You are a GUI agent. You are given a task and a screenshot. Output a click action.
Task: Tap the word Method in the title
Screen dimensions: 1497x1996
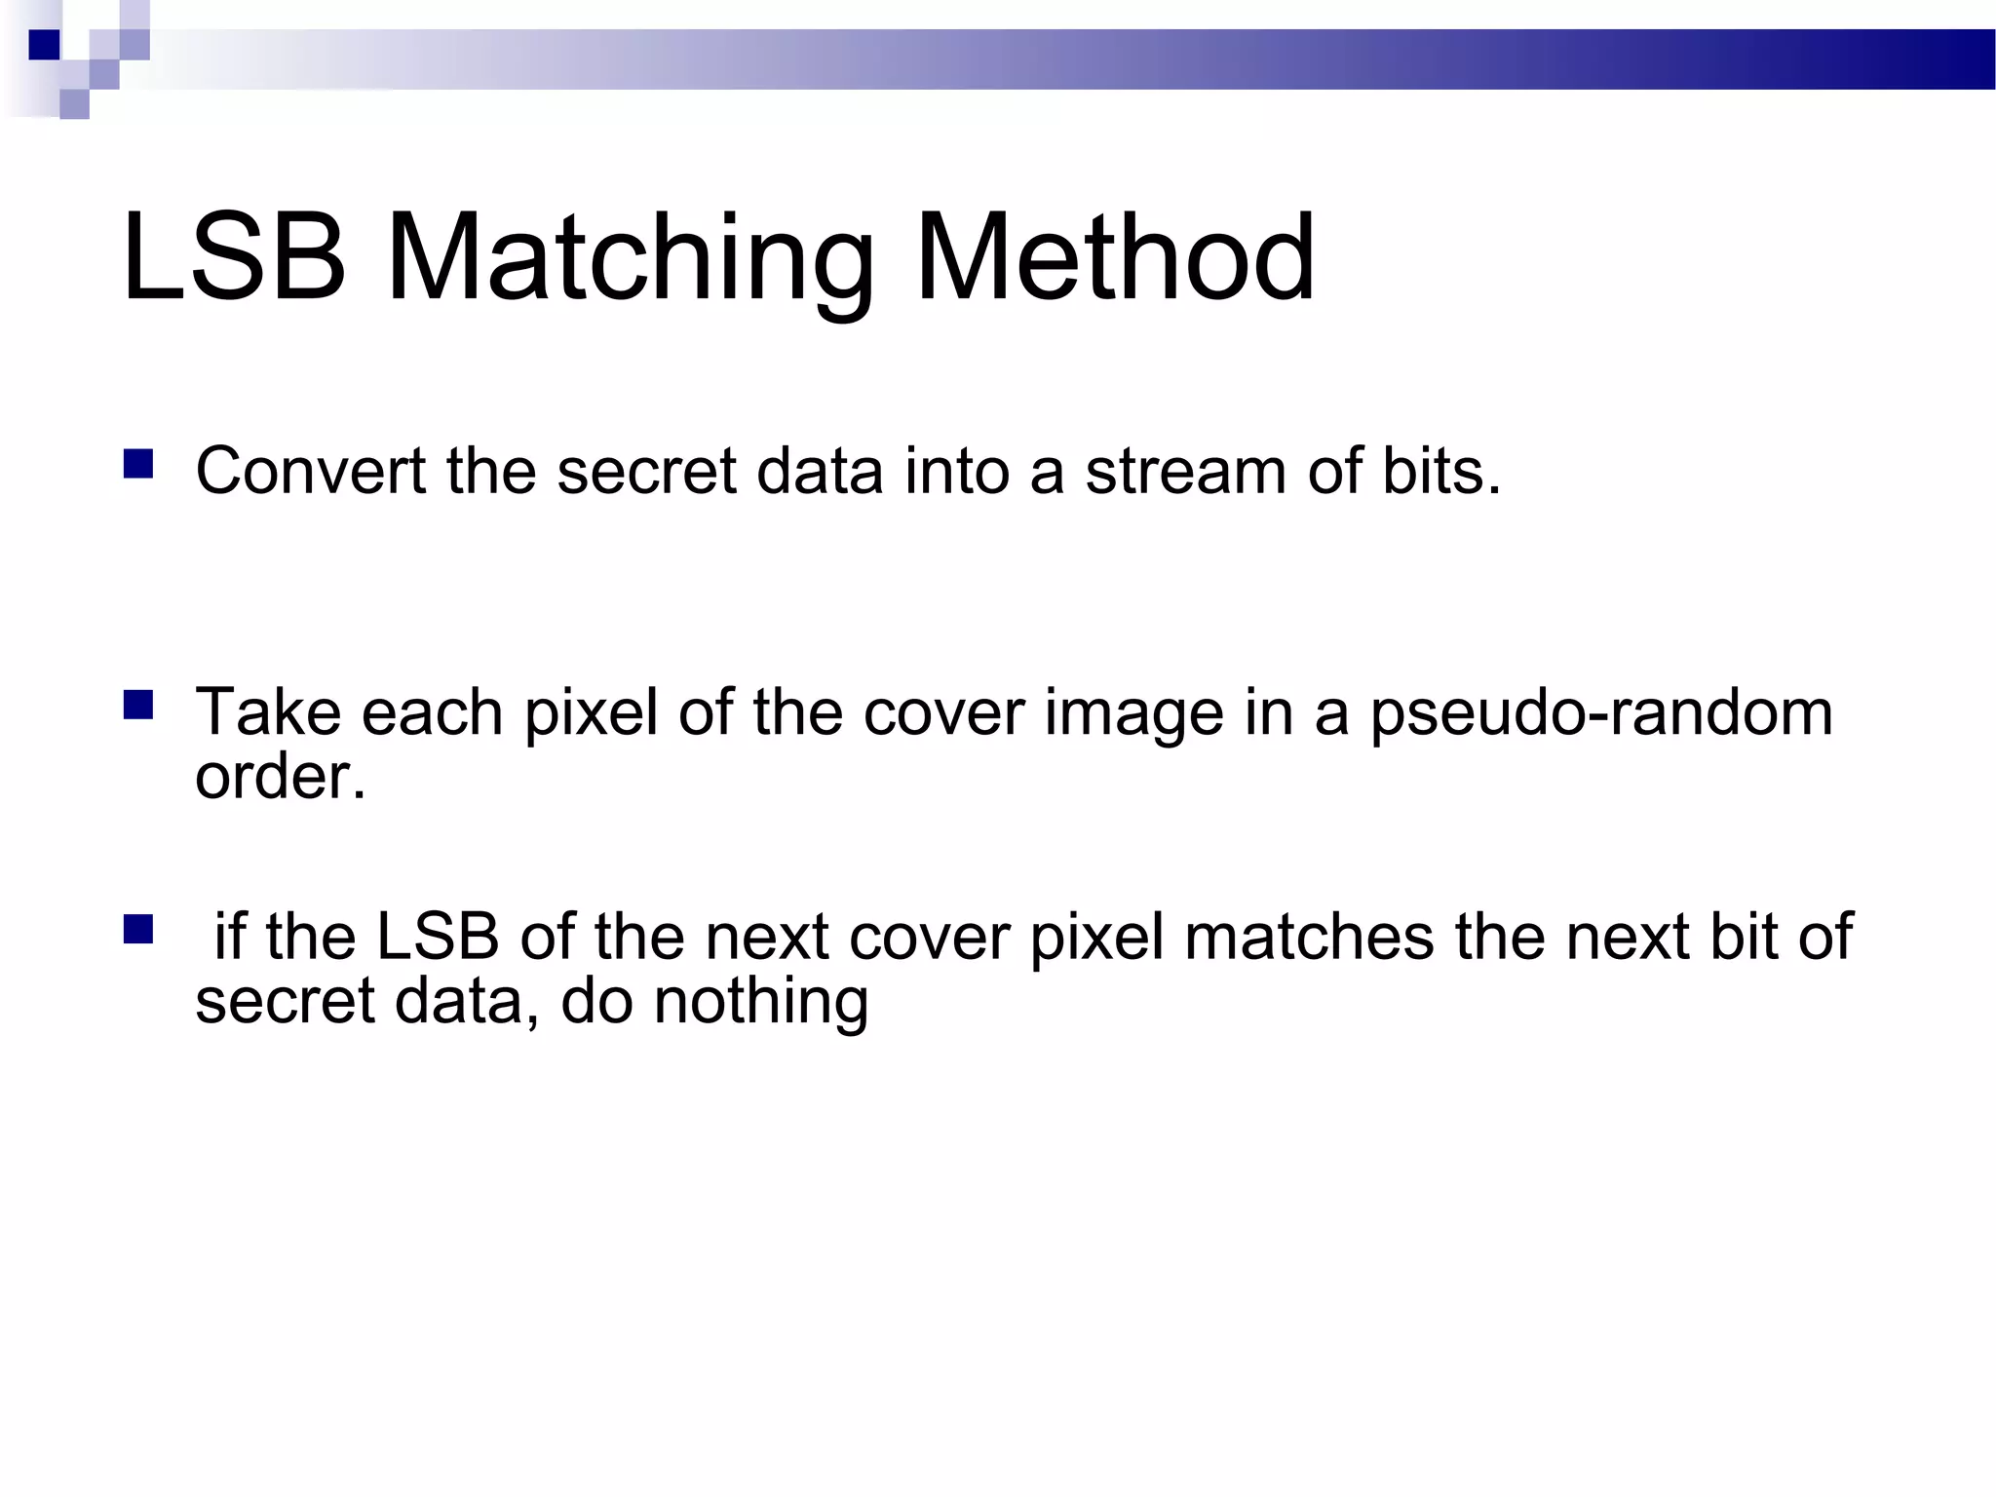coord(1115,257)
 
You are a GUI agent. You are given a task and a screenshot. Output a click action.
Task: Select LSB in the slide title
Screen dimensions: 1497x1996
coord(234,257)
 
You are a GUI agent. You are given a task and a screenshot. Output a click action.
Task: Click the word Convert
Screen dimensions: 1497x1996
coord(311,471)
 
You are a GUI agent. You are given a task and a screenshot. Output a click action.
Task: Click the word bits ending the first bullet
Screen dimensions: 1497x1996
coord(1441,471)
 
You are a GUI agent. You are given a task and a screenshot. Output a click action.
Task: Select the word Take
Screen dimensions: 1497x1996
coord(268,711)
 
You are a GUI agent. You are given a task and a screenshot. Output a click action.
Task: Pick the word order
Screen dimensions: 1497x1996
coord(280,777)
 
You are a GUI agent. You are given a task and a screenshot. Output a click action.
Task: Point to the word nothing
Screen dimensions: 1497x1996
coord(760,1002)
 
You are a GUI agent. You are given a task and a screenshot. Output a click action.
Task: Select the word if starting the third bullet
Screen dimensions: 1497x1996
coord(229,937)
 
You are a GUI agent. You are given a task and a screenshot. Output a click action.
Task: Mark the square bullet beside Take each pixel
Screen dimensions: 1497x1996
coord(138,705)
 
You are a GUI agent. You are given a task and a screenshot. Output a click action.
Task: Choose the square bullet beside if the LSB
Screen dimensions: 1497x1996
coord(138,930)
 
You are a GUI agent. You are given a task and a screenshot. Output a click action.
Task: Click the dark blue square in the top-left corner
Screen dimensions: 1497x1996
coord(45,45)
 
